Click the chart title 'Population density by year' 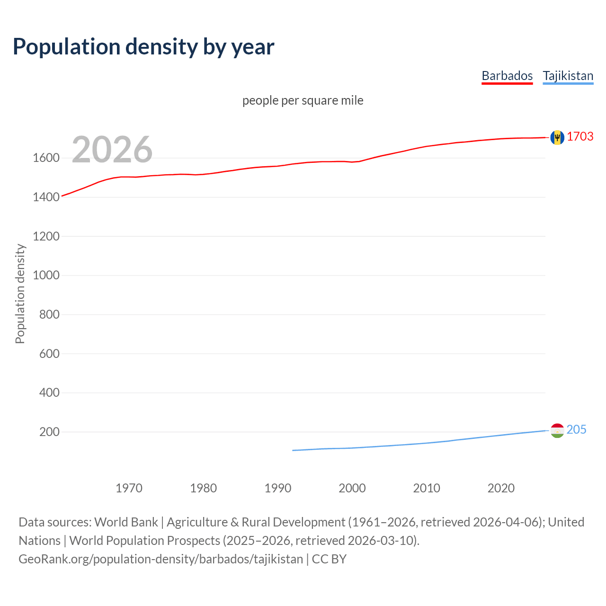[x=143, y=46]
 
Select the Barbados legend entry [x=507, y=76]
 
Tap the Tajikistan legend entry [x=568, y=76]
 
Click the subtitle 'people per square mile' [x=303, y=100]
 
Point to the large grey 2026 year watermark [x=112, y=150]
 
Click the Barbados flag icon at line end [x=557, y=137]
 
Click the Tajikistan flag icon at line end [x=557, y=430]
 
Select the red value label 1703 [x=580, y=136]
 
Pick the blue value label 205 [x=576, y=429]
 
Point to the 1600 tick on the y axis [x=46, y=158]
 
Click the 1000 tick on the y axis [x=46, y=275]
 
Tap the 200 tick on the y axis [x=49, y=432]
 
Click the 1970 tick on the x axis [x=129, y=488]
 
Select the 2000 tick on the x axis [x=352, y=488]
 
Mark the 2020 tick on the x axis [x=501, y=488]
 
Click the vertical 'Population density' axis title [x=20, y=294]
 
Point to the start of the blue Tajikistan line [x=293, y=450]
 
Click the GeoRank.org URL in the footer [x=160, y=559]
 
